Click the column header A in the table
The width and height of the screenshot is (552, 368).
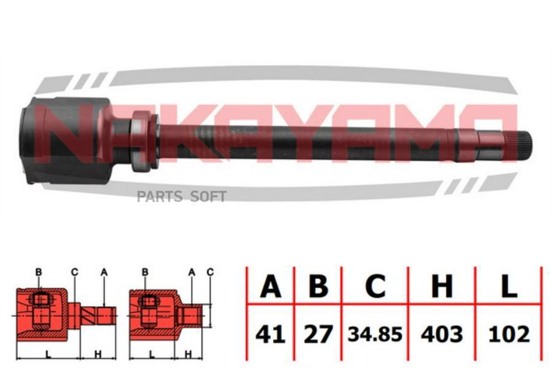270,286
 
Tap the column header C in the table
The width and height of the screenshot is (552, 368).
375,286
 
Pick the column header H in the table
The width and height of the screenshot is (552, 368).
441,286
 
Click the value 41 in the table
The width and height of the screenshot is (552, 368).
270,334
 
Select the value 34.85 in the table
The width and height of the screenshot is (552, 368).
375,334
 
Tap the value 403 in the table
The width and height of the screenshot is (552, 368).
441,334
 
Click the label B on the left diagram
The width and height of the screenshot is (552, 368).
38,272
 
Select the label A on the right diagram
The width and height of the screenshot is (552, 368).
192,272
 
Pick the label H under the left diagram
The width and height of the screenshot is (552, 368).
98,355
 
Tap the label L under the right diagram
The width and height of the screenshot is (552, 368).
151,355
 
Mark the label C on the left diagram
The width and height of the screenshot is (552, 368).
74,272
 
